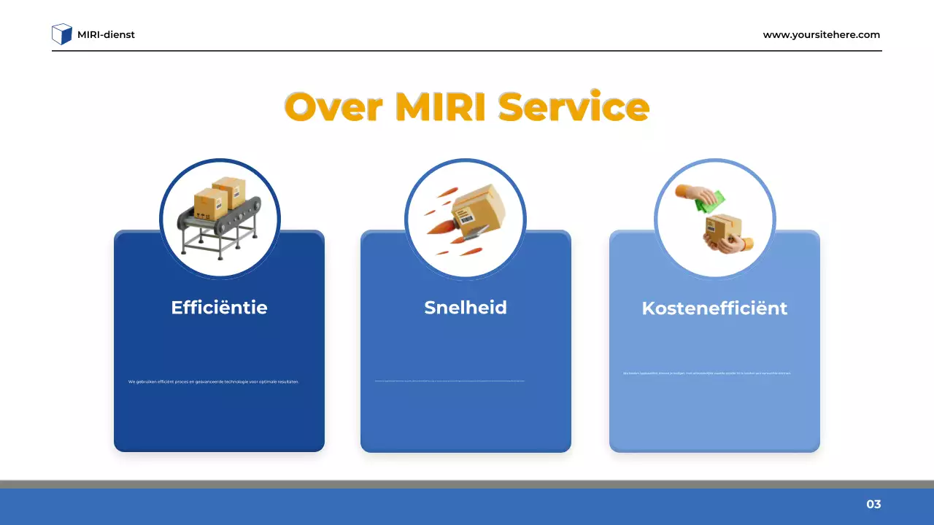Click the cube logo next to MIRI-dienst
coord(62,34)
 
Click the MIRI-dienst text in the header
coord(106,34)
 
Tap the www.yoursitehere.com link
coord(821,34)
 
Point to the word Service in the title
coord(574,107)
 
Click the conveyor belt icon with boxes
coord(219,215)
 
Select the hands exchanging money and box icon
coord(715,217)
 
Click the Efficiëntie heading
coord(219,308)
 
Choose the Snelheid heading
coord(466,308)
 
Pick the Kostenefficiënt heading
coord(714,308)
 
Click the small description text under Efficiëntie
coord(214,381)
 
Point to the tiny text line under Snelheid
coord(449,381)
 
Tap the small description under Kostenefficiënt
coord(707,373)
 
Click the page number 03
coord(873,505)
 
